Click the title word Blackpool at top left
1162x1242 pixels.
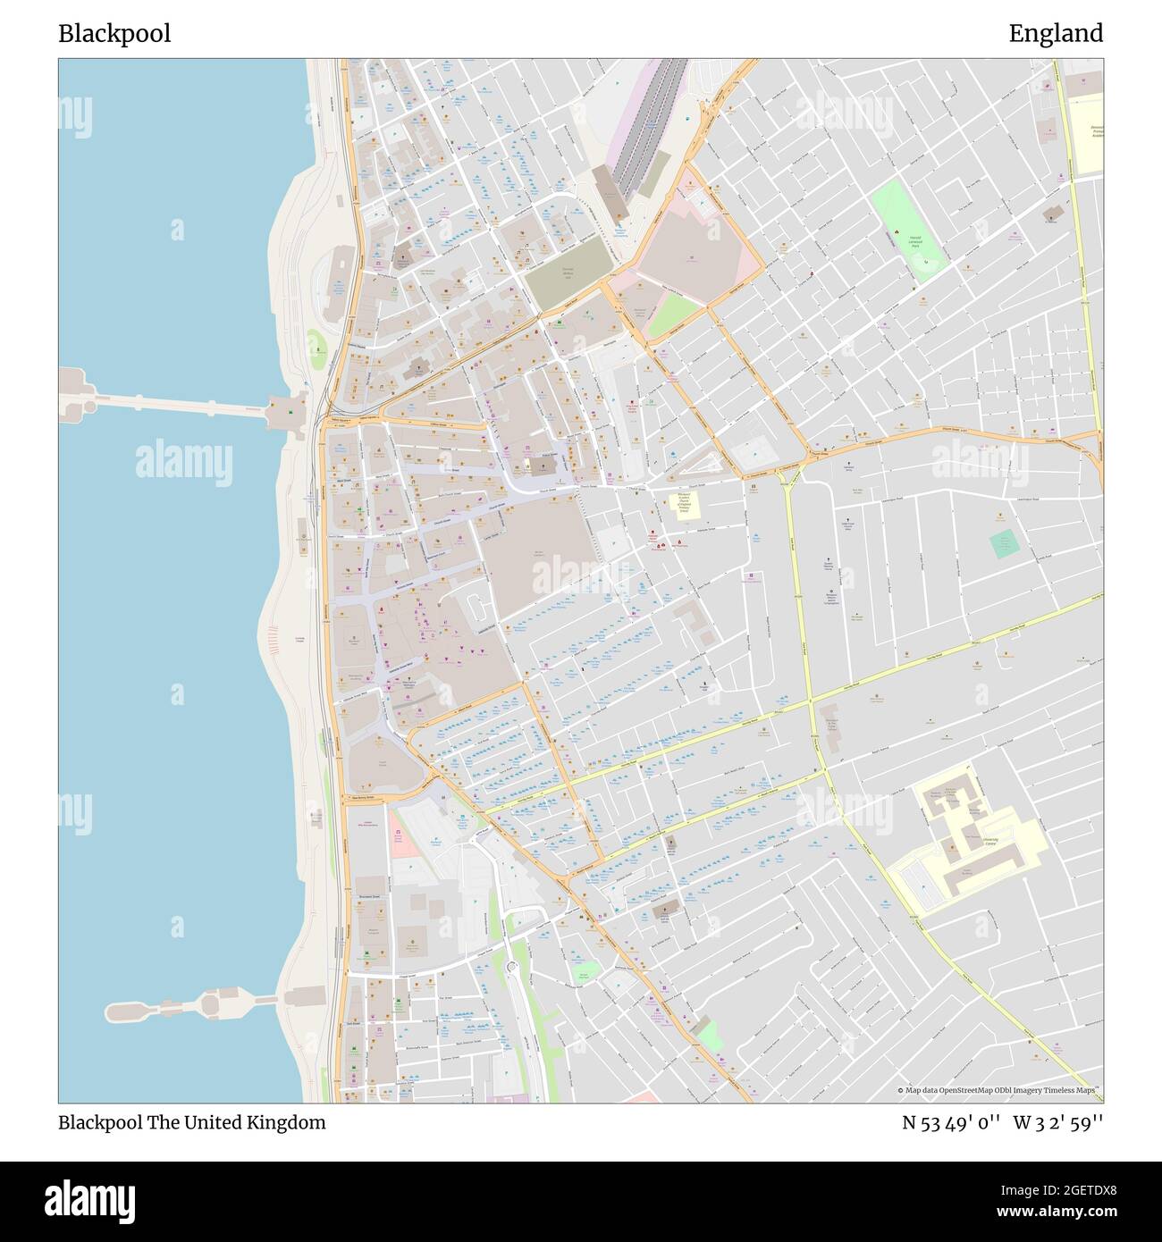(x=114, y=34)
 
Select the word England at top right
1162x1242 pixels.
(x=1056, y=34)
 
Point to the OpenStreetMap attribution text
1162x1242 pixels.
(x=999, y=1091)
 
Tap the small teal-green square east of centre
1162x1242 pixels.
(x=1004, y=543)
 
